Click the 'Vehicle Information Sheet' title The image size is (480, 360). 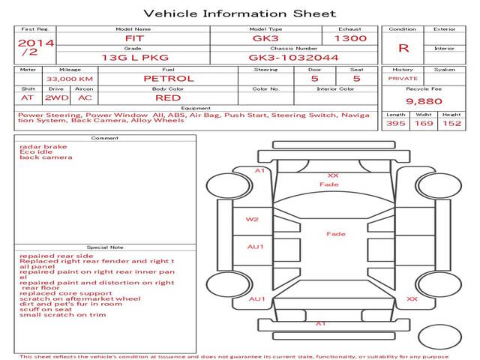pyautogui.click(x=239, y=13)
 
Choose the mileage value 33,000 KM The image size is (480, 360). pyautogui.click(x=69, y=79)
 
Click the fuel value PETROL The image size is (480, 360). pyautogui.click(x=168, y=78)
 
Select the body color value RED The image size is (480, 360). pyautogui.click(x=168, y=98)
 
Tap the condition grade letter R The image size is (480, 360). pyautogui.click(x=403, y=48)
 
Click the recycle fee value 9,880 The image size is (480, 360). pyautogui.click(x=424, y=100)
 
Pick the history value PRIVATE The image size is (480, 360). pyautogui.click(x=403, y=79)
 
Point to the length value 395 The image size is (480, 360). pyautogui.click(x=396, y=123)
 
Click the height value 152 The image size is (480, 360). pyautogui.click(x=451, y=123)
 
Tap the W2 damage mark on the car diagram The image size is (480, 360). pyautogui.click(x=253, y=220)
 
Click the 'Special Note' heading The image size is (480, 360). pyautogui.click(x=104, y=247)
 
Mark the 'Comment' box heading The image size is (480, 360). pyautogui.click(x=104, y=138)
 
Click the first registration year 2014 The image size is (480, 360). pyautogui.click(x=35, y=43)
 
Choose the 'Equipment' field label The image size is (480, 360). pyautogui.click(x=195, y=108)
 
